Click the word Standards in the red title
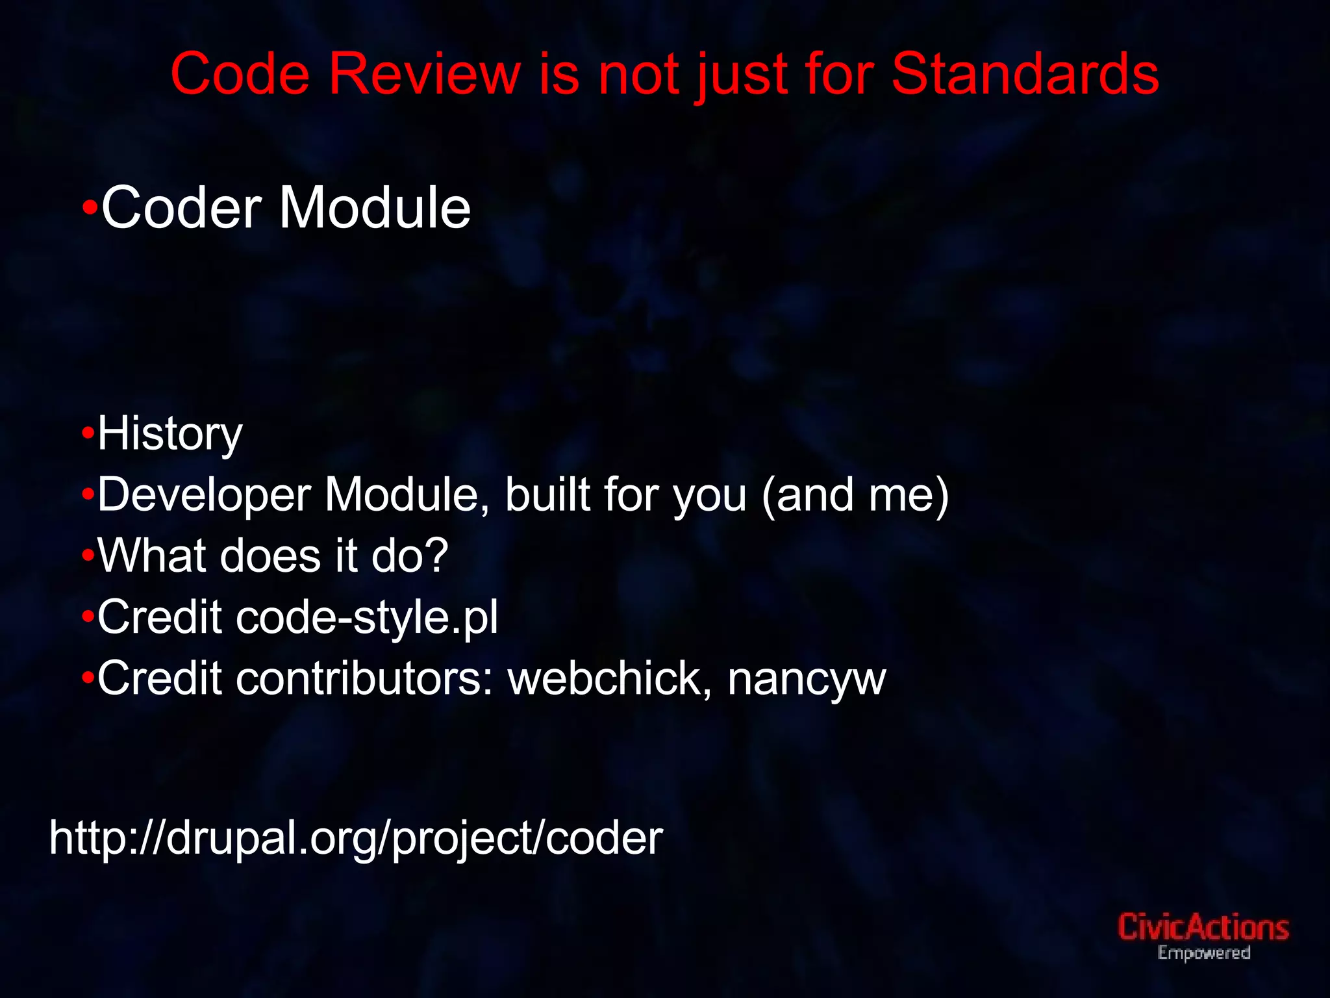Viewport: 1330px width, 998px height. [x=1025, y=74]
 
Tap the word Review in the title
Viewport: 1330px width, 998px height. [x=424, y=74]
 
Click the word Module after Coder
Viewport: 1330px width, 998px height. [x=375, y=208]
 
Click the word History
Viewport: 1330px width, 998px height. [x=169, y=434]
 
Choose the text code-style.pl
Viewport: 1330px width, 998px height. [x=367, y=617]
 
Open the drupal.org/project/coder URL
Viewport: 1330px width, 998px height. [x=356, y=838]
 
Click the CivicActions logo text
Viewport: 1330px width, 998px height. [x=1203, y=927]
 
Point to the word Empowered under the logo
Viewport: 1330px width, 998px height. [x=1203, y=953]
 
